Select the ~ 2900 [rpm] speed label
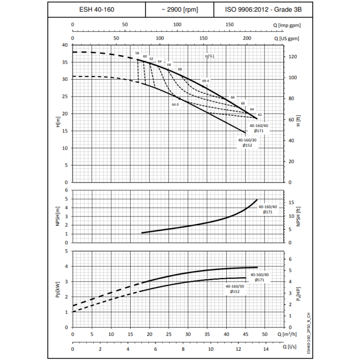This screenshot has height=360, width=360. point(179,9)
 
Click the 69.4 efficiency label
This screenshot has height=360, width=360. point(206,81)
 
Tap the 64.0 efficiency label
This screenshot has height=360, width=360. point(175,104)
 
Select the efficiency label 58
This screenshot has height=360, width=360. point(137,53)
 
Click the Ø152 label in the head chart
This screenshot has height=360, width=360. point(247,146)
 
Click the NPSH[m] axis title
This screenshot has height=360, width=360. point(58,216)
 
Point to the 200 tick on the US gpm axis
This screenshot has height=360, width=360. point(247,39)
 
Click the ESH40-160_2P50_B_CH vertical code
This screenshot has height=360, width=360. point(308,333)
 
